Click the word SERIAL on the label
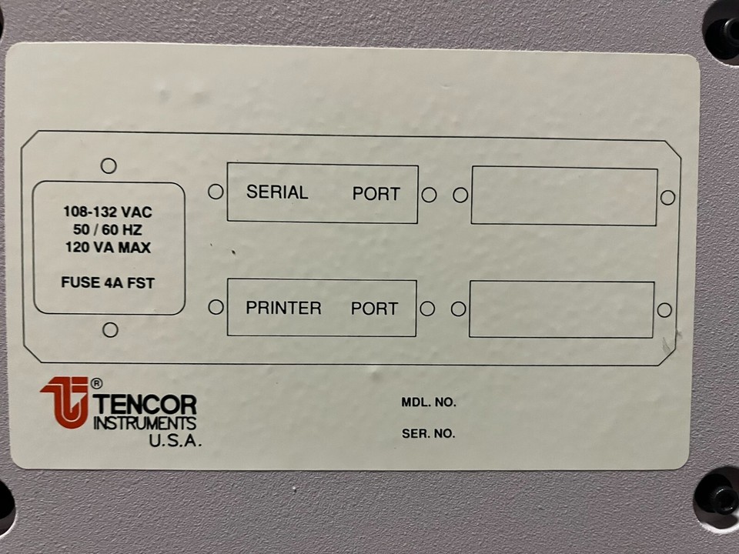pyautogui.click(x=277, y=192)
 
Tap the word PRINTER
pyautogui.click(x=283, y=308)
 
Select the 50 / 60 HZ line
pyautogui.click(x=108, y=230)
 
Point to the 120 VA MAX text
pyautogui.click(x=108, y=248)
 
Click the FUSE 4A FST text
pyautogui.click(x=108, y=282)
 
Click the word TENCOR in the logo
pyautogui.click(x=145, y=404)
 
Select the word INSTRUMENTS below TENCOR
pyautogui.click(x=144, y=423)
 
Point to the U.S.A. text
pyautogui.click(x=175, y=442)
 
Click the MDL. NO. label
pyautogui.click(x=429, y=402)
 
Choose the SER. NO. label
pyautogui.click(x=428, y=434)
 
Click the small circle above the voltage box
pyautogui.click(x=109, y=165)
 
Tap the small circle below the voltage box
pyautogui.click(x=110, y=330)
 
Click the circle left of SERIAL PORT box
pyautogui.click(x=216, y=192)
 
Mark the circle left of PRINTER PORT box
pyautogui.click(x=216, y=307)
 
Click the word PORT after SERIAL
pyautogui.click(x=376, y=194)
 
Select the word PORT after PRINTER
pyautogui.click(x=375, y=309)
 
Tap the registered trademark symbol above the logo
pyautogui.click(x=96, y=382)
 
